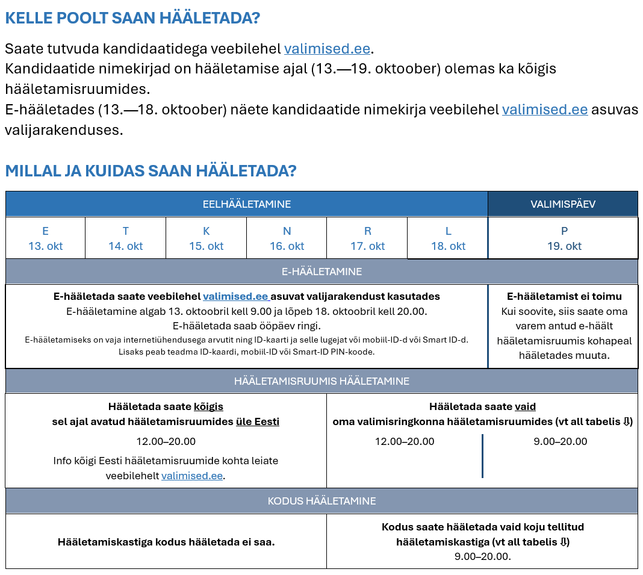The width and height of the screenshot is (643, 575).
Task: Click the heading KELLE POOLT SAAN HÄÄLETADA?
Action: (132, 18)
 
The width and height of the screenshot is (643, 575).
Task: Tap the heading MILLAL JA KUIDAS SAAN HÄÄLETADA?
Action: (151, 171)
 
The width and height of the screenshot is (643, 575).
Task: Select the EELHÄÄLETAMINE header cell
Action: (246, 204)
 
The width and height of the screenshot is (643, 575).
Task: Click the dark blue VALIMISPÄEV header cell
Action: (562, 204)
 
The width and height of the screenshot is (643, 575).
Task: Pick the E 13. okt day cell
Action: (45, 238)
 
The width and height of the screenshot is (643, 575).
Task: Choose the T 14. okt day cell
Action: (125, 238)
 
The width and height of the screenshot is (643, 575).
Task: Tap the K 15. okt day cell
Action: (206, 238)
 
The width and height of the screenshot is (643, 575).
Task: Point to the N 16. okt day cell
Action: (287, 238)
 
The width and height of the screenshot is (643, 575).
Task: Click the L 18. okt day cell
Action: (448, 238)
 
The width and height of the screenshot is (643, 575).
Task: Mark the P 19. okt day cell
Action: (564, 238)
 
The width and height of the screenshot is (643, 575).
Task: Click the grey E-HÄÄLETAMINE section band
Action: (321, 272)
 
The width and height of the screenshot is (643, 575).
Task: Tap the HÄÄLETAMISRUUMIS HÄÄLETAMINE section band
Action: (321, 381)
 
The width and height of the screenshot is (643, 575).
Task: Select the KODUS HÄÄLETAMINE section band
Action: (321, 501)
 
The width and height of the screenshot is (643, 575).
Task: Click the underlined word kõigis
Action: (208, 406)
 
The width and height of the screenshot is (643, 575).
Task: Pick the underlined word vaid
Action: (525, 406)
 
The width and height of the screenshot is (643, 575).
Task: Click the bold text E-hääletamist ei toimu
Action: (564, 296)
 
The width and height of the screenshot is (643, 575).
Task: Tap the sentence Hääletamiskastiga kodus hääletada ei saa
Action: (166, 542)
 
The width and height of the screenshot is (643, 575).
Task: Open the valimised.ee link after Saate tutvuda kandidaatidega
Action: (327, 49)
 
